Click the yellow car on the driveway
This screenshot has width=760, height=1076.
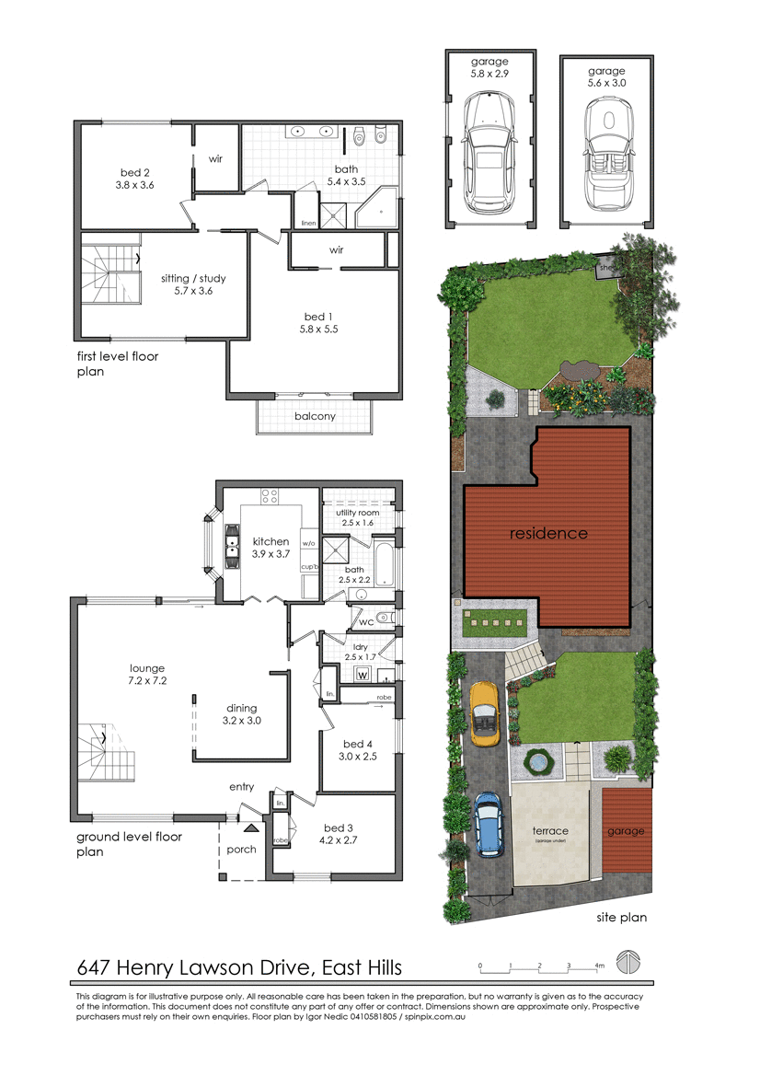tap(484, 713)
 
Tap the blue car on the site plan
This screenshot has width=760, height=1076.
tap(488, 824)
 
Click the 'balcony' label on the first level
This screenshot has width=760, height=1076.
tap(315, 416)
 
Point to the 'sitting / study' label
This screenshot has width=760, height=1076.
tap(193, 278)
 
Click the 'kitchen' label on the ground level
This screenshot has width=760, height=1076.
tap(271, 541)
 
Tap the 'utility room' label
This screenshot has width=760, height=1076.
tap(358, 512)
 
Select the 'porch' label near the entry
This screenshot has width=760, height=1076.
tap(241, 850)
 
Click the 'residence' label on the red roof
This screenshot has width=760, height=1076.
tap(548, 533)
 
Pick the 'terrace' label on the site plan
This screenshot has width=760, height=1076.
tap(551, 830)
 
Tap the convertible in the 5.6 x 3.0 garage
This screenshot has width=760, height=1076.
tap(606, 156)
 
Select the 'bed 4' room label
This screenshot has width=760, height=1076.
tap(358, 744)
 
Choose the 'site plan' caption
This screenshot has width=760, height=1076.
tap(621, 917)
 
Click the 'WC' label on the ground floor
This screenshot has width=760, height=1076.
tap(365, 623)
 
